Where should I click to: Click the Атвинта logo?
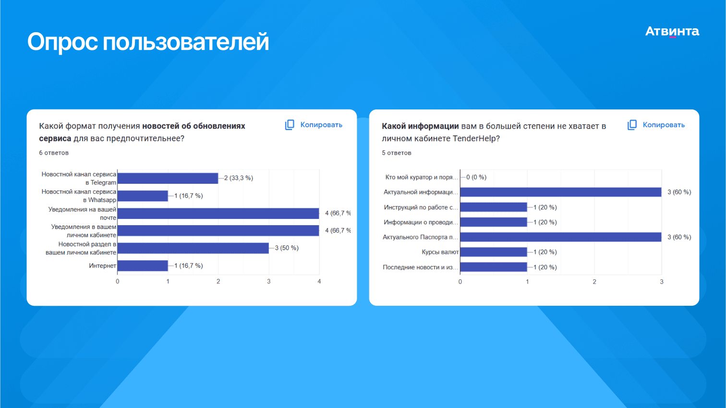pyautogui.click(x=672, y=32)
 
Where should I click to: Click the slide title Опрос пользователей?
pyautogui.click(x=148, y=42)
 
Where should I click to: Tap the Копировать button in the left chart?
pyautogui.click(x=314, y=125)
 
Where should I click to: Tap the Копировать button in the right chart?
pyautogui.click(x=656, y=125)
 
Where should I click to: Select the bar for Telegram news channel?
pyautogui.click(x=168, y=178)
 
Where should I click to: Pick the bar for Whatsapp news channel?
pyautogui.click(x=143, y=196)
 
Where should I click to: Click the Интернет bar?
pyautogui.click(x=143, y=265)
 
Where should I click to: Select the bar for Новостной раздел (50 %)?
pyautogui.click(x=193, y=248)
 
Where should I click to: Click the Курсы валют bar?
pyautogui.click(x=494, y=252)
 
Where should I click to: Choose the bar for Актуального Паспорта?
pyautogui.click(x=560, y=237)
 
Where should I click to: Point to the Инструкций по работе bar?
pyautogui.click(x=494, y=207)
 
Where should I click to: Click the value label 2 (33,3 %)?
pyautogui.click(x=239, y=178)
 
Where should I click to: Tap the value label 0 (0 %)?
pyautogui.click(x=476, y=177)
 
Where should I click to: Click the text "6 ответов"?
pyautogui.click(x=54, y=153)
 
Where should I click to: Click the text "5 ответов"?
pyautogui.click(x=397, y=153)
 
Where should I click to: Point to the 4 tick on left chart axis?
pyautogui.click(x=319, y=281)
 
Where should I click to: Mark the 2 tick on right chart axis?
pyautogui.click(x=594, y=282)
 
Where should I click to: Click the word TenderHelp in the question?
pyautogui.click(x=476, y=139)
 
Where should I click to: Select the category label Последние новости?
pyautogui.click(x=420, y=267)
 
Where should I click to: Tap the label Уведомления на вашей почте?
pyautogui.click(x=82, y=214)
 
